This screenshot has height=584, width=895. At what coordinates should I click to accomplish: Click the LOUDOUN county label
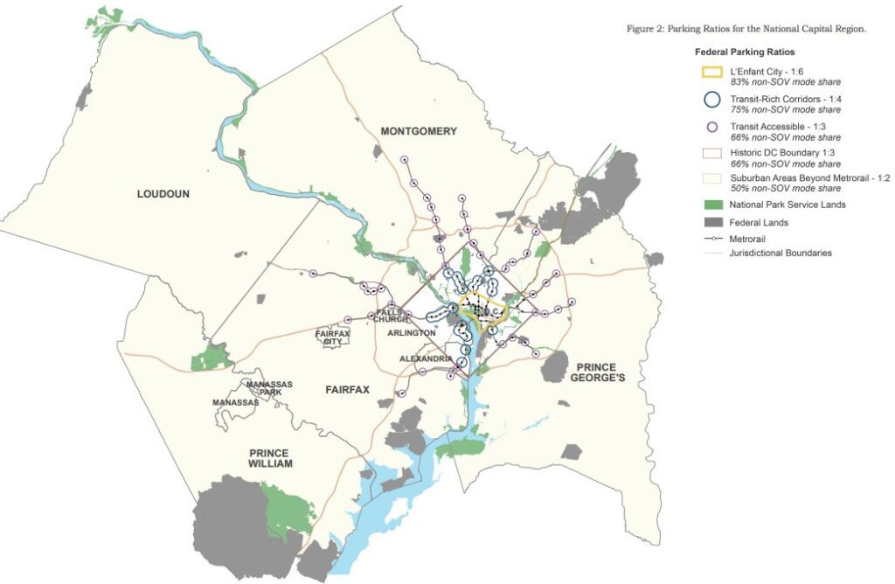click(163, 193)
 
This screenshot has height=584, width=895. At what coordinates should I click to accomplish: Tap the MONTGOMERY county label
click(419, 131)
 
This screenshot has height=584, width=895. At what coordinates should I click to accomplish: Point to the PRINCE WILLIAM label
click(270, 458)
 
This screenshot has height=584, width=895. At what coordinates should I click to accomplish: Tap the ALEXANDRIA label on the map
click(426, 359)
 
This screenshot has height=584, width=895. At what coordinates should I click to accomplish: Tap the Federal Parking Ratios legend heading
click(744, 52)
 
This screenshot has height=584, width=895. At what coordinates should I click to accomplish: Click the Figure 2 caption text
click(746, 29)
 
